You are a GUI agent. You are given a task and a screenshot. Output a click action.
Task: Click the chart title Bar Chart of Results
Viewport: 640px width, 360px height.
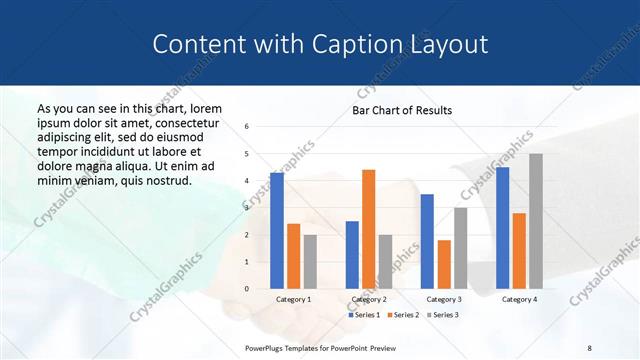pos(402,110)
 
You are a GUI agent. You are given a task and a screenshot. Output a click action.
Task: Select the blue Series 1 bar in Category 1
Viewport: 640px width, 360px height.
pos(277,230)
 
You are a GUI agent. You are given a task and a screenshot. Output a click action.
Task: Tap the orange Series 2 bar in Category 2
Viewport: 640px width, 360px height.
pos(369,229)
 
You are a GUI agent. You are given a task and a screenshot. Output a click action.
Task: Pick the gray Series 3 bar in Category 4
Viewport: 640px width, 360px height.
pos(536,221)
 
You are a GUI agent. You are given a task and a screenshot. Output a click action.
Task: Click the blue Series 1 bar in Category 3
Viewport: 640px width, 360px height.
pos(427,241)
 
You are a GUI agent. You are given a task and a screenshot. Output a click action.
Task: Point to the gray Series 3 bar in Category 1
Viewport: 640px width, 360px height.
pos(310,261)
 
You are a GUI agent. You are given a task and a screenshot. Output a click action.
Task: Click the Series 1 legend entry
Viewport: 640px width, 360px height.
pos(364,315)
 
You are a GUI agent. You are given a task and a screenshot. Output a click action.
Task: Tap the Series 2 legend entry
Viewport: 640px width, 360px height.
pos(402,315)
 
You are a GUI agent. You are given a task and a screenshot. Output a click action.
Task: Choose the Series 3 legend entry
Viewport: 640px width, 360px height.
pos(442,315)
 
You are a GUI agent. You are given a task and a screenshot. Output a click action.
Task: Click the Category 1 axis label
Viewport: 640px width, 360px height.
pos(293,299)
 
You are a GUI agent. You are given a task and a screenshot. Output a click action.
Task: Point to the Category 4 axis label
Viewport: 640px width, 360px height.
pos(518,299)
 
